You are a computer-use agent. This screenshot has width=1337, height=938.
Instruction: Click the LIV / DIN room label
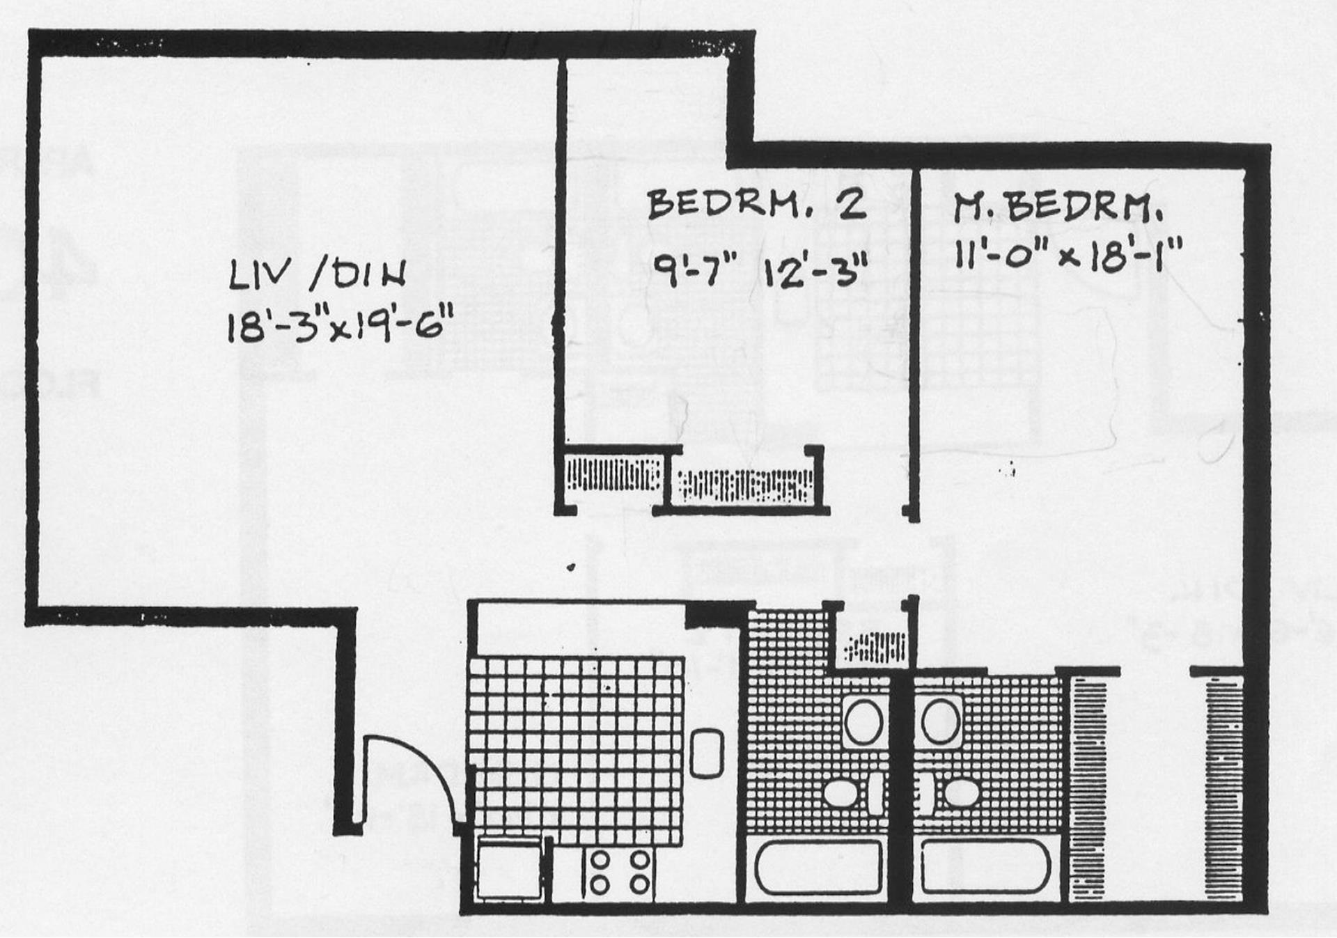pyautogui.click(x=318, y=276)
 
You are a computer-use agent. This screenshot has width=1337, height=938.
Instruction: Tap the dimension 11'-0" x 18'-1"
pyautogui.click(x=1068, y=256)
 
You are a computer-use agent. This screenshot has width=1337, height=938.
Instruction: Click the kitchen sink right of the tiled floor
pyautogui.click(x=707, y=752)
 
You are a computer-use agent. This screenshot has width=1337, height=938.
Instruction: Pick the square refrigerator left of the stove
pyautogui.click(x=508, y=868)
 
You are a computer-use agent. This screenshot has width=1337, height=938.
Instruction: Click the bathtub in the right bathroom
pyautogui.click(x=985, y=867)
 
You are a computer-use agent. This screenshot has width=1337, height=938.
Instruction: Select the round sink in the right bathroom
pyautogui.click(x=941, y=721)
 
